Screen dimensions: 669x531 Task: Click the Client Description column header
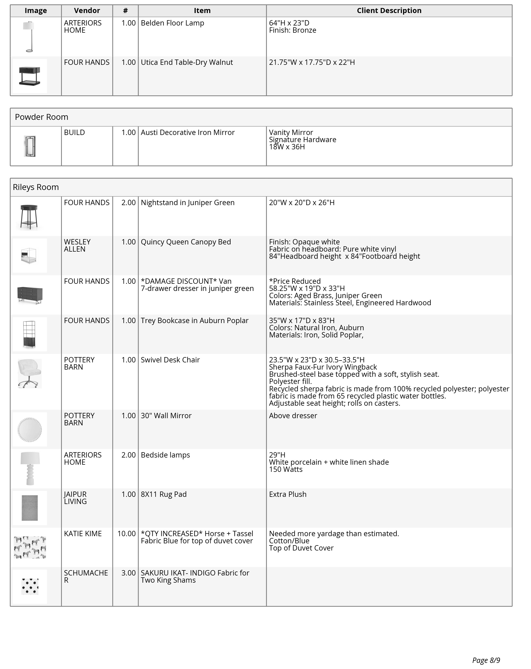[389, 11]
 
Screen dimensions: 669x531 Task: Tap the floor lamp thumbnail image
[29, 36]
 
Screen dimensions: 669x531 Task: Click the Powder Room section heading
[42, 117]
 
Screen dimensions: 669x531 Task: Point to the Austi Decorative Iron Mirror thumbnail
[30, 146]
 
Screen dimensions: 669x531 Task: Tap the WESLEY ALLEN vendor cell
[77, 245]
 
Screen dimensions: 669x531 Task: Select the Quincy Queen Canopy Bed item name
[186, 242]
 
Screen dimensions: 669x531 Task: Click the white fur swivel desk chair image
[29, 373]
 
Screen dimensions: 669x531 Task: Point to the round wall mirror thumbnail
[29, 429]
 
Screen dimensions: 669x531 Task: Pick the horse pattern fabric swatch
[30, 547]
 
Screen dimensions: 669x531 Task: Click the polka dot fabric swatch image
[30, 586]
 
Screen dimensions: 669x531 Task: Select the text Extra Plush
[288, 494]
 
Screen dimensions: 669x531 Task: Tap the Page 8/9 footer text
[486, 660]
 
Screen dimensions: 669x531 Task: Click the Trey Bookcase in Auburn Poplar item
[194, 320]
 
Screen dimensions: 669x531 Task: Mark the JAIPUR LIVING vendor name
[75, 498]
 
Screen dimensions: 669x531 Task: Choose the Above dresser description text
[293, 416]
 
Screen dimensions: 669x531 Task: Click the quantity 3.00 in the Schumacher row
[129, 573]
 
